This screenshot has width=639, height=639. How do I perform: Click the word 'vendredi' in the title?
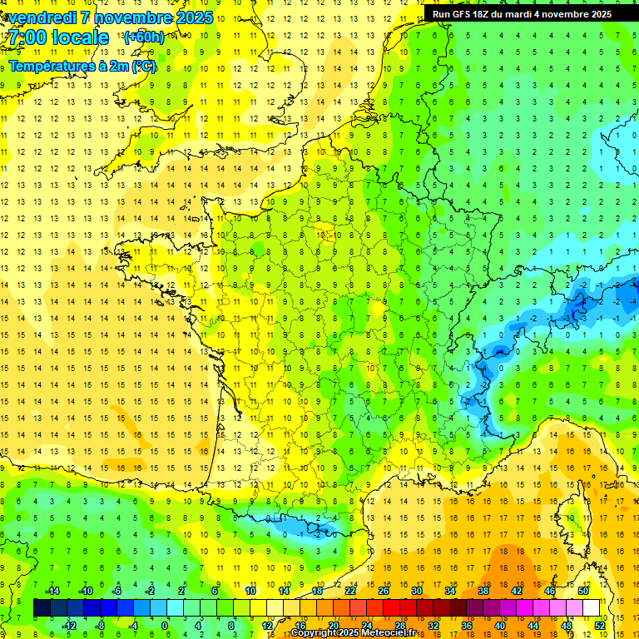42,17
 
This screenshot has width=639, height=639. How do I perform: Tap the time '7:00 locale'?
58,37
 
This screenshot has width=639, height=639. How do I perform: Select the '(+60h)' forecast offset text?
143,37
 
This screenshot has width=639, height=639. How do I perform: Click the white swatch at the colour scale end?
592,608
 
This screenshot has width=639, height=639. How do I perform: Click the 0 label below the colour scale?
165,626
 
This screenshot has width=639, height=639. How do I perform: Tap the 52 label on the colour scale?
600,626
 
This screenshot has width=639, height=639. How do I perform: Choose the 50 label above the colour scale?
583,591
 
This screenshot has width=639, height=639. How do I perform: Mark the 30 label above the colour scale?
417,591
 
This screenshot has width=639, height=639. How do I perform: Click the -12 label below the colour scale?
69,626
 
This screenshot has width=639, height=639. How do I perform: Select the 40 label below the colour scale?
500,626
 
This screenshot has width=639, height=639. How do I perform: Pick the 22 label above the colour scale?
350,591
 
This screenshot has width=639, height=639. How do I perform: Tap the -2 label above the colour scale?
150,591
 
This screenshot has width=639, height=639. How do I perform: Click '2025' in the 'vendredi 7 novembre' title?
191,17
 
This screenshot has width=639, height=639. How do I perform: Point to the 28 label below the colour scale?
400,626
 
